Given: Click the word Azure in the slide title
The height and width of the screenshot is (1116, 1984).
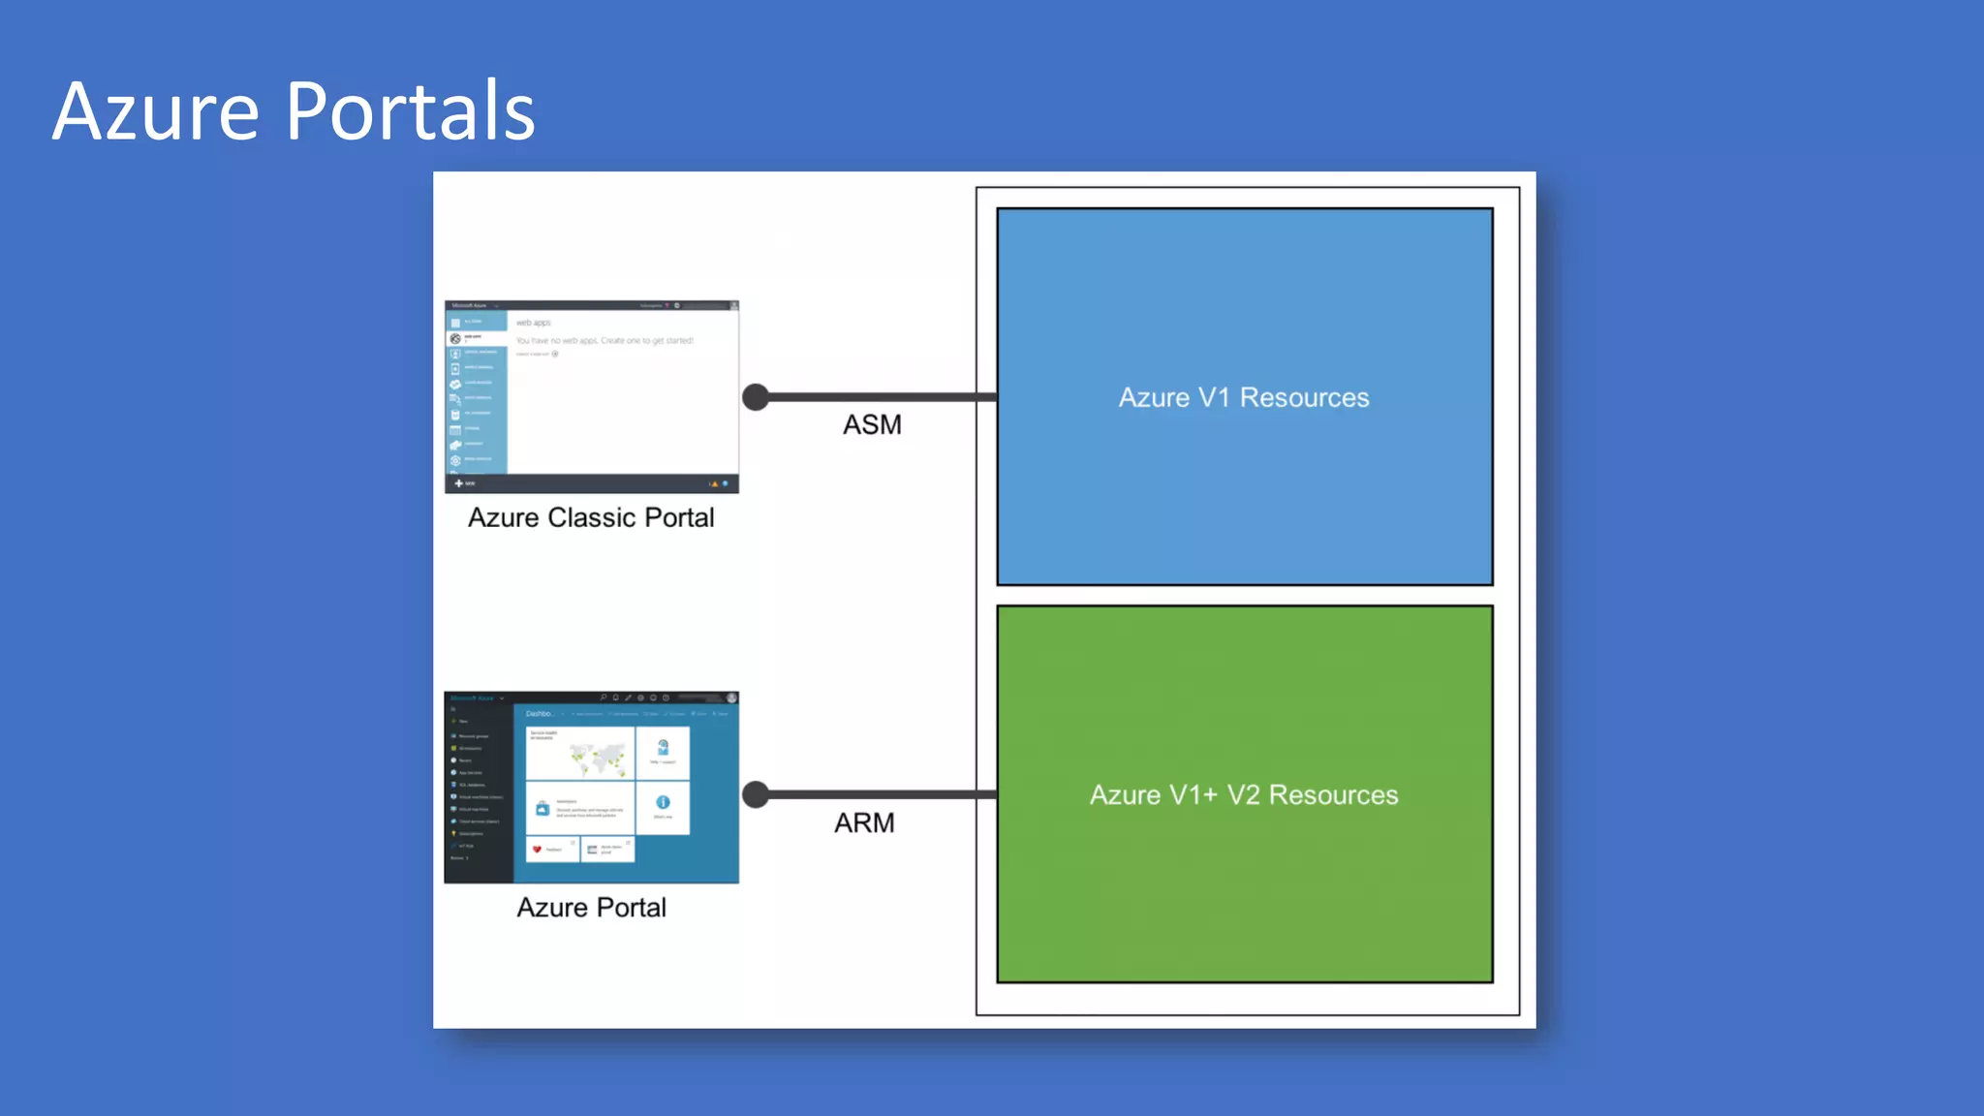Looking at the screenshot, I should pyautogui.click(x=156, y=111).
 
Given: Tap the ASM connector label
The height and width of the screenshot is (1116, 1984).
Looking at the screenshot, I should pyautogui.click(x=872, y=424).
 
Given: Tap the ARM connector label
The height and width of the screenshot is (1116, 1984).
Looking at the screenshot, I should pyautogui.click(x=864, y=822).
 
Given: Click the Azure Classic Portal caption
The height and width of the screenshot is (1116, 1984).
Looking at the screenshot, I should pyautogui.click(x=591, y=517).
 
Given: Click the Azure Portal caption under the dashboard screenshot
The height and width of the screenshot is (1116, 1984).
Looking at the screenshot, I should pyautogui.click(x=591, y=908).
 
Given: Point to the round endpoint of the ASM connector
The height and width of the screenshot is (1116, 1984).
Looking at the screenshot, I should pyautogui.click(x=756, y=397).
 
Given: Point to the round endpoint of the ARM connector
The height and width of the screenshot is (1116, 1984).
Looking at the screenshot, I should pyautogui.click(x=756, y=794).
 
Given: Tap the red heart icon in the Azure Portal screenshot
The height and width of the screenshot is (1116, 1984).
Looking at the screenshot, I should pyautogui.click(x=537, y=850).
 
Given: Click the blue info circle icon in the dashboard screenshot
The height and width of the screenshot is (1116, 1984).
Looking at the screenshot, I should pyautogui.click(x=663, y=802).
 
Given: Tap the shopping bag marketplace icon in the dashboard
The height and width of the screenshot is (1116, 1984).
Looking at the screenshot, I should pyautogui.click(x=542, y=808).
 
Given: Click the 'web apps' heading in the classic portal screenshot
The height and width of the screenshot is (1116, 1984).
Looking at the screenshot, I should pyautogui.click(x=533, y=323).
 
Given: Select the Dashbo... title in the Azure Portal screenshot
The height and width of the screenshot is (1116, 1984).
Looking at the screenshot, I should pyautogui.click(x=540, y=714).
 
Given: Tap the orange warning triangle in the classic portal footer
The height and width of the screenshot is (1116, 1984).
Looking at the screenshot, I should pyautogui.click(x=715, y=483).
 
